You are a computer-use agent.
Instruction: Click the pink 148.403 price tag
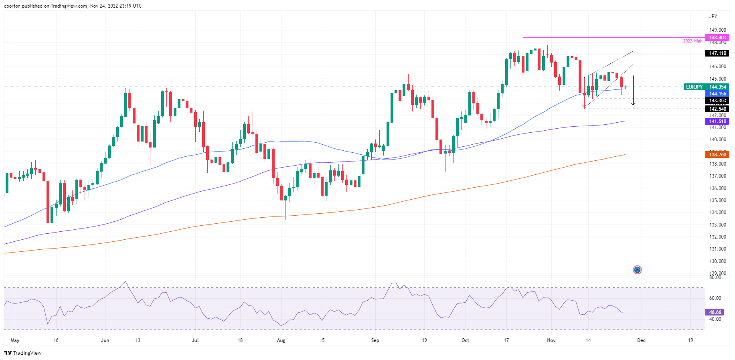click(x=718, y=38)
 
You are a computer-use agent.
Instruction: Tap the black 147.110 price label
click(x=718, y=53)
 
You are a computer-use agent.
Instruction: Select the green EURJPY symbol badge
click(x=694, y=87)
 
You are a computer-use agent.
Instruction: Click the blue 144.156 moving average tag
click(x=718, y=94)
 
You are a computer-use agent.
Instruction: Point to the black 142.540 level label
click(x=718, y=109)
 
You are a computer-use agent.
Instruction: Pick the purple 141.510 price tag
click(x=718, y=121)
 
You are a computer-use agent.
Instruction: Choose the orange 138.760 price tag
click(x=718, y=155)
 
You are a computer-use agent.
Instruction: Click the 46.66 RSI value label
click(x=715, y=312)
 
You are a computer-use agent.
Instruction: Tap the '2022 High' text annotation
click(x=692, y=41)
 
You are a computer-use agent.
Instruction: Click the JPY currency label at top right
click(x=713, y=16)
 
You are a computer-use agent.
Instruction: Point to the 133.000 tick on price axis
click(x=718, y=225)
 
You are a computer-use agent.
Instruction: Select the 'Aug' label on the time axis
click(x=281, y=340)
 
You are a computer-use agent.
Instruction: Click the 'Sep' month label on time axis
click(x=375, y=340)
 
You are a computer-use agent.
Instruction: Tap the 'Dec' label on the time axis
click(x=641, y=340)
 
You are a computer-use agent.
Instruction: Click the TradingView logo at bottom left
click(x=23, y=353)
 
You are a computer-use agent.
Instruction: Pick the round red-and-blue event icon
click(x=637, y=270)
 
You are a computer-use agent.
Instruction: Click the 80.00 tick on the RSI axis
click(x=715, y=277)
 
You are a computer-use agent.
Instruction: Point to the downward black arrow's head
click(x=633, y=104)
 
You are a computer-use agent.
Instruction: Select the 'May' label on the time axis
click(x=15, y=340)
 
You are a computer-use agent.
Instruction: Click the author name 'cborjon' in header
click(x=12, y=6)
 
